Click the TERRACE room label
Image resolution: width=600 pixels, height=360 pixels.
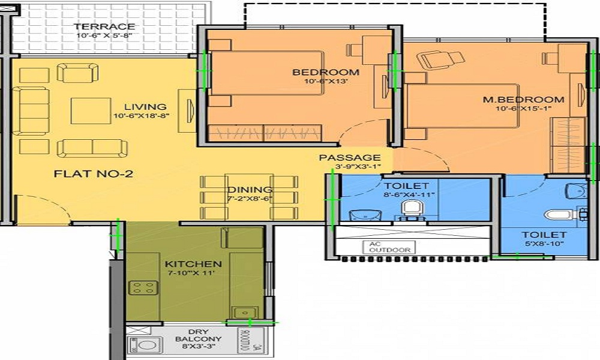pos(105,26)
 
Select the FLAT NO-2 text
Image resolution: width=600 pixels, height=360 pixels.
pos(93,175)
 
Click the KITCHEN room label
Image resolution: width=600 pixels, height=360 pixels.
pos(193,264)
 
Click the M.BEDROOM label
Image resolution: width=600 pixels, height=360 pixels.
pos(523,100)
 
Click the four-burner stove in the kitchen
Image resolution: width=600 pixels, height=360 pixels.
pos(143,287)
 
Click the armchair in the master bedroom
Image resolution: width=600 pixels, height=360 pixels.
pos(440,58)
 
